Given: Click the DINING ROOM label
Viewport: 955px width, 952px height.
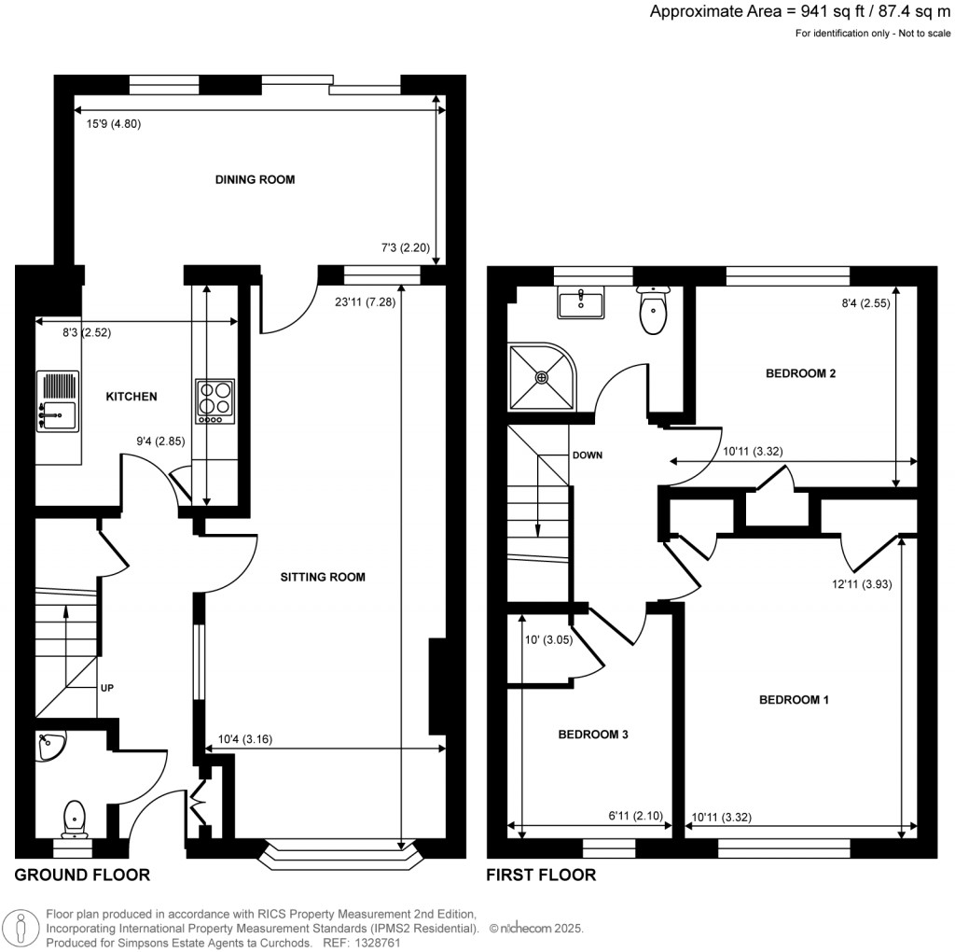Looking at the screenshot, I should (255, 179).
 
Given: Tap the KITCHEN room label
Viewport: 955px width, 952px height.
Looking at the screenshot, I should (131, 397).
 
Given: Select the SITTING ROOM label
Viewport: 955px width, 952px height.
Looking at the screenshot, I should (323, 577).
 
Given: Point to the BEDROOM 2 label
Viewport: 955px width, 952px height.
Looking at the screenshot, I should (799, 373).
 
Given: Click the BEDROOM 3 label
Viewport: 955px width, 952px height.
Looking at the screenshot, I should (592, 735).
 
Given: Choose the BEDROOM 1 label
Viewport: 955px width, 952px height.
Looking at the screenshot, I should (794, 699).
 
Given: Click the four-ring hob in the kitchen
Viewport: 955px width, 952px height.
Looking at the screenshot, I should (215, 401).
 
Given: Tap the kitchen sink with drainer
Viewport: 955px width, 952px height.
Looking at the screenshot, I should (56, 401).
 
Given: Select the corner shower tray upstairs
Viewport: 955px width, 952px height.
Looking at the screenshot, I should (541, 377).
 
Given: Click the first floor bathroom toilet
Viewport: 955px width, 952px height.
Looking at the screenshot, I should (655, 311).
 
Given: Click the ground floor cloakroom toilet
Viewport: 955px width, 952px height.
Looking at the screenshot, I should (73, 819).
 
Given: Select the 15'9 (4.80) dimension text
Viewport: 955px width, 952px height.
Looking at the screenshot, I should (107, 123).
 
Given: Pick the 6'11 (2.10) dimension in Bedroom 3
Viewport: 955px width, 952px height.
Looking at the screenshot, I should (634, 817).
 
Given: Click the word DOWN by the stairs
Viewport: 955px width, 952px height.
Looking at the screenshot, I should (588, 455).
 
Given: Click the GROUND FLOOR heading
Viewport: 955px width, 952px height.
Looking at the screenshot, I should (82, 875).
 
